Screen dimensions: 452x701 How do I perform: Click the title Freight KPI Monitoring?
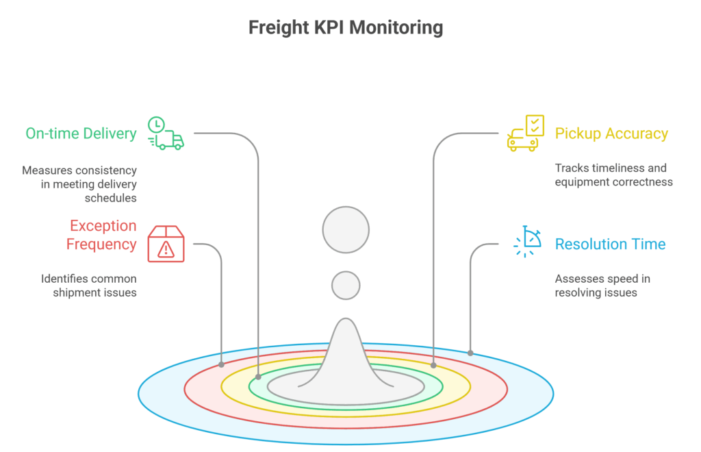(345, 28)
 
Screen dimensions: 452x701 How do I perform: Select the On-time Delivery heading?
(81, 134)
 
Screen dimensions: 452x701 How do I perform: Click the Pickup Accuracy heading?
(611, 134)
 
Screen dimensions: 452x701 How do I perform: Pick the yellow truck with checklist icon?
(525, 133)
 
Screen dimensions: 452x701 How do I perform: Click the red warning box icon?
(166, 244)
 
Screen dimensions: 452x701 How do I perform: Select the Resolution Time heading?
(610, 244)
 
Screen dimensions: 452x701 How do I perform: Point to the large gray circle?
(346, 229)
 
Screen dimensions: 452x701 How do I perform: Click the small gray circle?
(346, 286)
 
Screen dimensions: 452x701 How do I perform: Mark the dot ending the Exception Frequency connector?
(221, 364)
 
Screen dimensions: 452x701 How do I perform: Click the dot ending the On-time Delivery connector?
(258, 377)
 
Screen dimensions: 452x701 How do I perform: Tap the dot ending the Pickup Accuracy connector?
(433, 366)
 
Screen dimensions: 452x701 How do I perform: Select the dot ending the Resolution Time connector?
(470, 353)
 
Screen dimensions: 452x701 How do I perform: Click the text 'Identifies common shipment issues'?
(88, 286)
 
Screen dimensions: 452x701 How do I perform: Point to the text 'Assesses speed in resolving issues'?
(602, 286)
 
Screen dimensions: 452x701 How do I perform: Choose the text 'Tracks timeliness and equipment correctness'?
(613, 175)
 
